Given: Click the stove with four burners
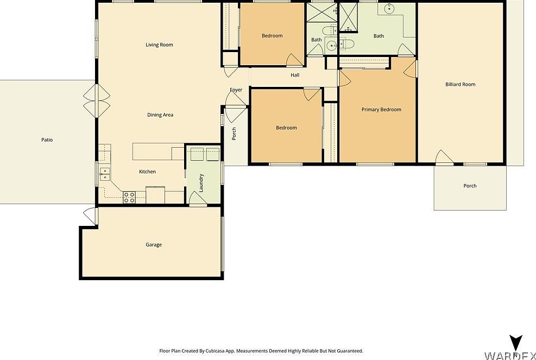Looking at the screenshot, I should point(129,197).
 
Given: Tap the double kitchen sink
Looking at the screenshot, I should point(104,174).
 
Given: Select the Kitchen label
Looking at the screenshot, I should point(147,172).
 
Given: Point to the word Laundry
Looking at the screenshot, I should point(201,183).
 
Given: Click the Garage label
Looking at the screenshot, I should point(154,245).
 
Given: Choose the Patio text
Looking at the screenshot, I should point(47,140).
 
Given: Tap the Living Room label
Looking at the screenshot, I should point(159,45).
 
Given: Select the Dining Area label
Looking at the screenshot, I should point(160,115).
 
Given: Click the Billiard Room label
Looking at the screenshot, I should point(460,85).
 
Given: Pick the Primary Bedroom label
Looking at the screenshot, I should point(381,110).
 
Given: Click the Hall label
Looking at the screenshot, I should point(295,75).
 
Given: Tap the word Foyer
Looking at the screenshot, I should point(236,90).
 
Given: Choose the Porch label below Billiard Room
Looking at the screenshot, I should point(470,186).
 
